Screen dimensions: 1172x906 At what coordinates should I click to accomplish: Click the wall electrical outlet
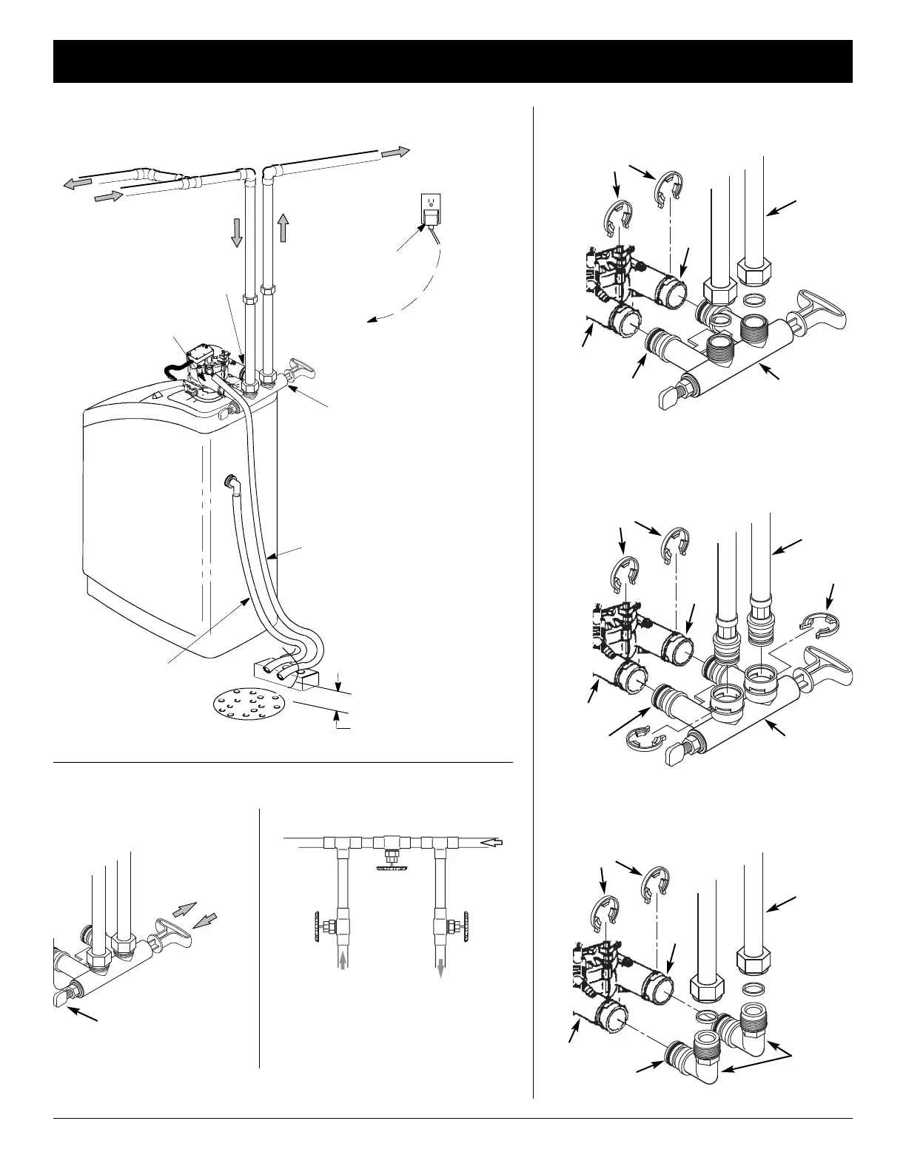[429, 209]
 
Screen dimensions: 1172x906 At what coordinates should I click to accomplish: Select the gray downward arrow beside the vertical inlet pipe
[236, 231]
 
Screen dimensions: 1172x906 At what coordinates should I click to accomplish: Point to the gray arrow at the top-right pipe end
[396, 152]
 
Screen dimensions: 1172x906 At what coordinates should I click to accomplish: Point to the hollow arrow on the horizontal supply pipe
[491, 842]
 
